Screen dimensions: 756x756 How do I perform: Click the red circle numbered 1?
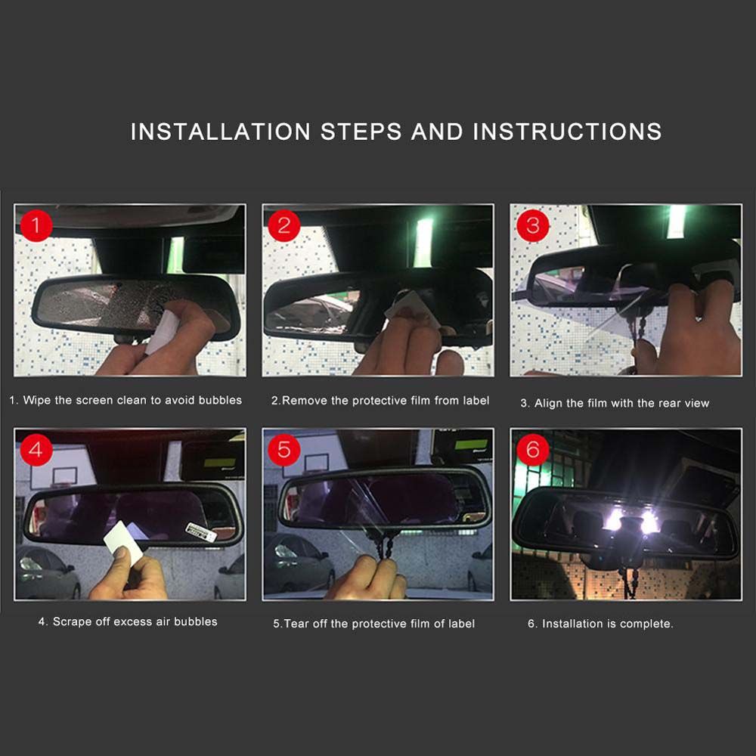pos(36,225)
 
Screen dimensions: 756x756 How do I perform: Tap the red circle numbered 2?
pos(284,225)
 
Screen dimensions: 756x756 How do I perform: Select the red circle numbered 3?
pos(532,225)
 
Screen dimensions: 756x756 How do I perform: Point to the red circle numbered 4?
pos(36,449)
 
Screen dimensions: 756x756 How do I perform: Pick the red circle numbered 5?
pos(284,449)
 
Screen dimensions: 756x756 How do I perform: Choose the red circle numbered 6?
pos(532,449)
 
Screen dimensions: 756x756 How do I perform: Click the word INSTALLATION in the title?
pos(220,132)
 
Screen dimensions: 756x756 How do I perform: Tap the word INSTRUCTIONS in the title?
pos(567,132)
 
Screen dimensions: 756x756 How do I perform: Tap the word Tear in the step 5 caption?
pos(296,624)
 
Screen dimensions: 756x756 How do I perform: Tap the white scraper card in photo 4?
pos(124,543)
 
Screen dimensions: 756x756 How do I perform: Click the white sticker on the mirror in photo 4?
pos(201,531)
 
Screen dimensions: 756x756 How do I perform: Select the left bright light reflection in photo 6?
pos(614,521)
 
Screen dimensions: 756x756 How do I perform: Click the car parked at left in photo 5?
pos(299,564)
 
